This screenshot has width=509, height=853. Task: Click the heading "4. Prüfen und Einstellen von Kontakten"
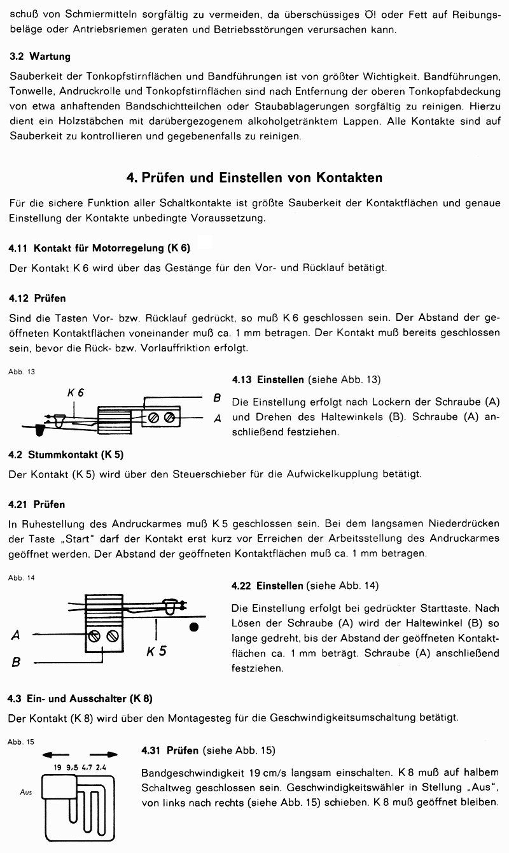pyautogui.click(x=254, y=178)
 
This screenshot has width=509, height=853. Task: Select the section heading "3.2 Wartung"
pyautogui.click(x=40, y=57)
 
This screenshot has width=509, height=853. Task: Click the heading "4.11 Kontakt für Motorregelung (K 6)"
pyautogui.click(x=100, y=248)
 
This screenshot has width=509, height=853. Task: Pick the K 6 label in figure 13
pyautogui.click(x=76, y=393)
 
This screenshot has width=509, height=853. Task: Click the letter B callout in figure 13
pyautogui.click(x=217, y=398)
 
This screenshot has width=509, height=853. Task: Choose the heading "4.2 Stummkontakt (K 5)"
pyautogui.click(x=66, y=455)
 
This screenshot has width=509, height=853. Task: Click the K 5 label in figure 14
pyautogui.click(x=156, y=651)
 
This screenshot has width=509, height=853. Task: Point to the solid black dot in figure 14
pyautogui.click(x=194, y=628)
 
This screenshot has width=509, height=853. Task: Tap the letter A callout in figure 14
pyautogui.click(x=16, y=635)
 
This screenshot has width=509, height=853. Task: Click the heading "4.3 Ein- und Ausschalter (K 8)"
pyautogui.click(x=80, y=698)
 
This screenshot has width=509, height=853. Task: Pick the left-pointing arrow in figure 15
pyautogui.click(x=55, y=754)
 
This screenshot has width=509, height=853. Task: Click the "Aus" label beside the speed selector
pyautogui.click(x=26, y=793)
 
